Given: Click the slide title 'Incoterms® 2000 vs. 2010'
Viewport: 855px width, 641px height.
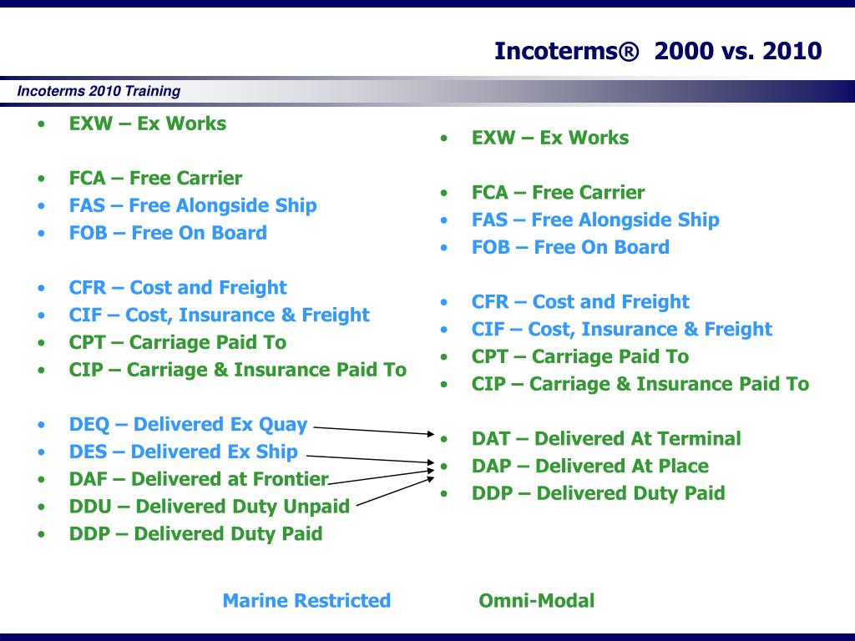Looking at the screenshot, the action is coord(658,51).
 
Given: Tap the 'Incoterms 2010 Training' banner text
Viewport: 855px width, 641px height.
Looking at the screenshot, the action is coord(99,90).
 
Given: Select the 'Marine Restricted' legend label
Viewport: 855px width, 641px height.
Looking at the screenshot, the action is coord(306,600).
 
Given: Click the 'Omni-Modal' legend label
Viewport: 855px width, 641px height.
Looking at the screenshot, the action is coord(537,600).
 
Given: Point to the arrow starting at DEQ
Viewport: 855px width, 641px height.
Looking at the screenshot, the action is coord(374,431).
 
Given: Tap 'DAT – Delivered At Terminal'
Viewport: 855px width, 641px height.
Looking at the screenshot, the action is coord(606,438).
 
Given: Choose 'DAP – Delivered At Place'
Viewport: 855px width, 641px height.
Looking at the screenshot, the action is coord(590,466).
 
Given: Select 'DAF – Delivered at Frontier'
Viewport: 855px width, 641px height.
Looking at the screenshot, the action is coord(199,478).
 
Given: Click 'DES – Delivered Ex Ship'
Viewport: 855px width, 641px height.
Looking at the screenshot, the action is coord(183,452).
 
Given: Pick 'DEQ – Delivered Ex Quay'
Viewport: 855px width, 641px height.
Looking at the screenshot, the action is coord(188,424).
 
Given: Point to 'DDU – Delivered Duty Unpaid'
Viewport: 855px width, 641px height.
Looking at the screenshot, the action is coord(209,506).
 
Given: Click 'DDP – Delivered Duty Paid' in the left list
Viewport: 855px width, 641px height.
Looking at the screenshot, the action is coord(195,533).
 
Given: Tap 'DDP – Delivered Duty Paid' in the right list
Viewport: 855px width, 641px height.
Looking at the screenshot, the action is coord(598,492).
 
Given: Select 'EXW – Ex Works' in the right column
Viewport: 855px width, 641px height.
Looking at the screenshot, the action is coord(550,138).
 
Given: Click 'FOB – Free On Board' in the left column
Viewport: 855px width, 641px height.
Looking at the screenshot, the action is coord(168,233).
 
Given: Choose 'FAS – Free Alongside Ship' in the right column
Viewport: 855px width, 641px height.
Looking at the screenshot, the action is coord(595,220).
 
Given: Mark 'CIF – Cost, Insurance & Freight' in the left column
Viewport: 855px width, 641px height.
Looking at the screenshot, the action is coord(220,315).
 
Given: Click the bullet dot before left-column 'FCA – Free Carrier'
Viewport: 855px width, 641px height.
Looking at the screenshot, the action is coord(42,179).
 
